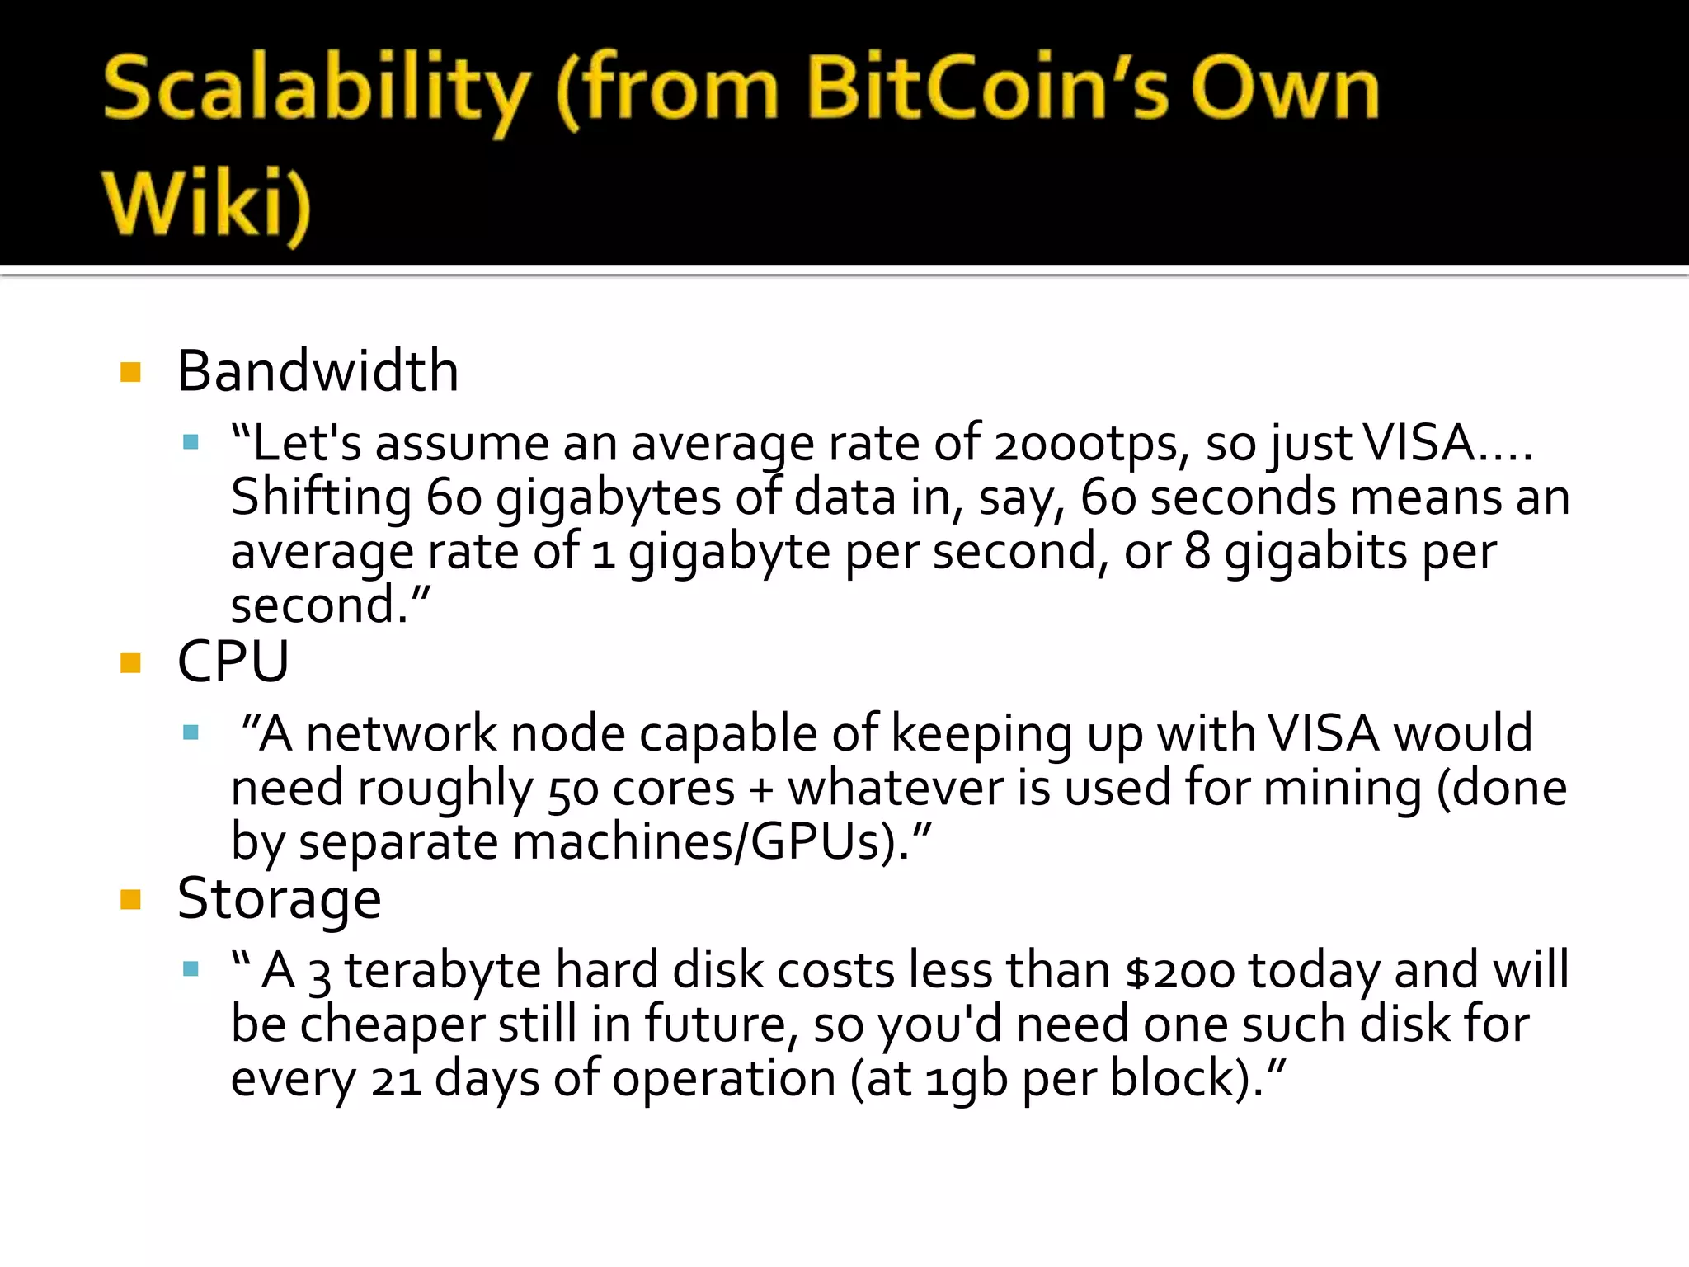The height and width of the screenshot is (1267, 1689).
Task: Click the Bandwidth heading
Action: coord(318,371)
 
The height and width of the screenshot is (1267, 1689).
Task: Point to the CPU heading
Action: coord(233,662)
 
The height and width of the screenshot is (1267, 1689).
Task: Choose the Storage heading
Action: coord(280,899)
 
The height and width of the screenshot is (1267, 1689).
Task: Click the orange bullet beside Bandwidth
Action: coord(130,372)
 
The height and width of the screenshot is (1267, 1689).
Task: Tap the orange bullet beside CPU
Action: coord(130,663)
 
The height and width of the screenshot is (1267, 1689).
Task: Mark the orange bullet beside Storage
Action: coord(130,899)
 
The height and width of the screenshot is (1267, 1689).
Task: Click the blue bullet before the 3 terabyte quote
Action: coord(191,968)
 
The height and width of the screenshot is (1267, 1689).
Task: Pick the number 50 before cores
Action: coord(572,790)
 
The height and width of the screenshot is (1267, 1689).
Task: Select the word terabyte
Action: coord(442,971)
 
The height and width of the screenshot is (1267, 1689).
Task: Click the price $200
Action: coord(1179,972)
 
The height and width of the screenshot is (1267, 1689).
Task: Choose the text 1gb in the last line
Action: coord(966,1080)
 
